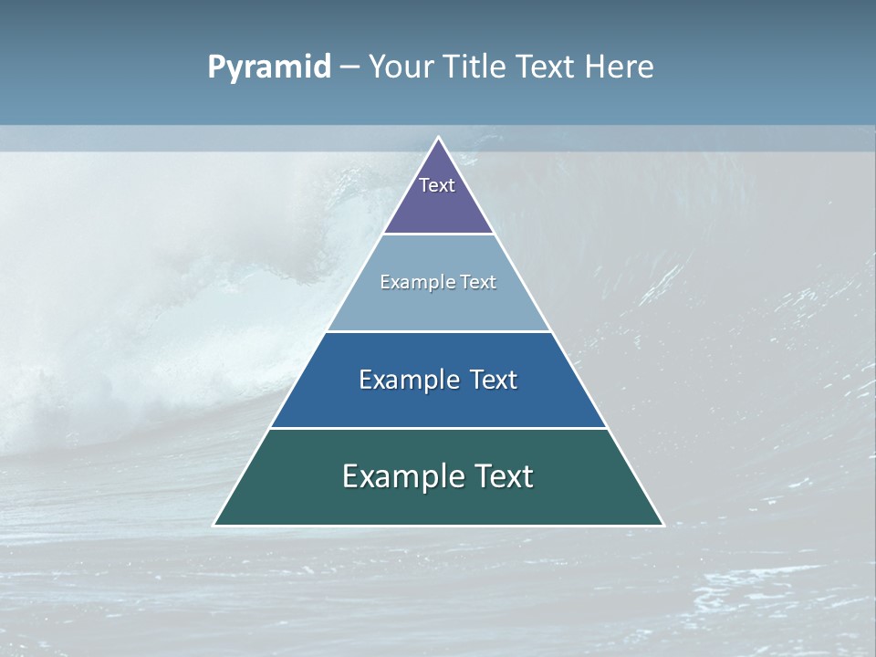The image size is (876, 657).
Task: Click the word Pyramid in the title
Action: pyautogui.click(x=269, y=68)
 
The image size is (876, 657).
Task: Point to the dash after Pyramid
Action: pyautogui.click(x=349, y=68)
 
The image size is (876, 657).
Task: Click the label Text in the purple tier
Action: pyautogui.click(x=437, y=185)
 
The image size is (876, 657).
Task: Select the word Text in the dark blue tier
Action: pyautogui.click(x=494, y=380)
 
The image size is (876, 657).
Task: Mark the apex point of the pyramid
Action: pyautogui.click(x=439, y=138)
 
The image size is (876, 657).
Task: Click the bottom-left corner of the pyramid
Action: pyautogui.click(x=214, y=525)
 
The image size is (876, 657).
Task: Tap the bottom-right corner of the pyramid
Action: pyautogui.click(x=663, y=525)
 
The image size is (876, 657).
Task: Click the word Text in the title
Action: pyautogui.click(x=547, y=68)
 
